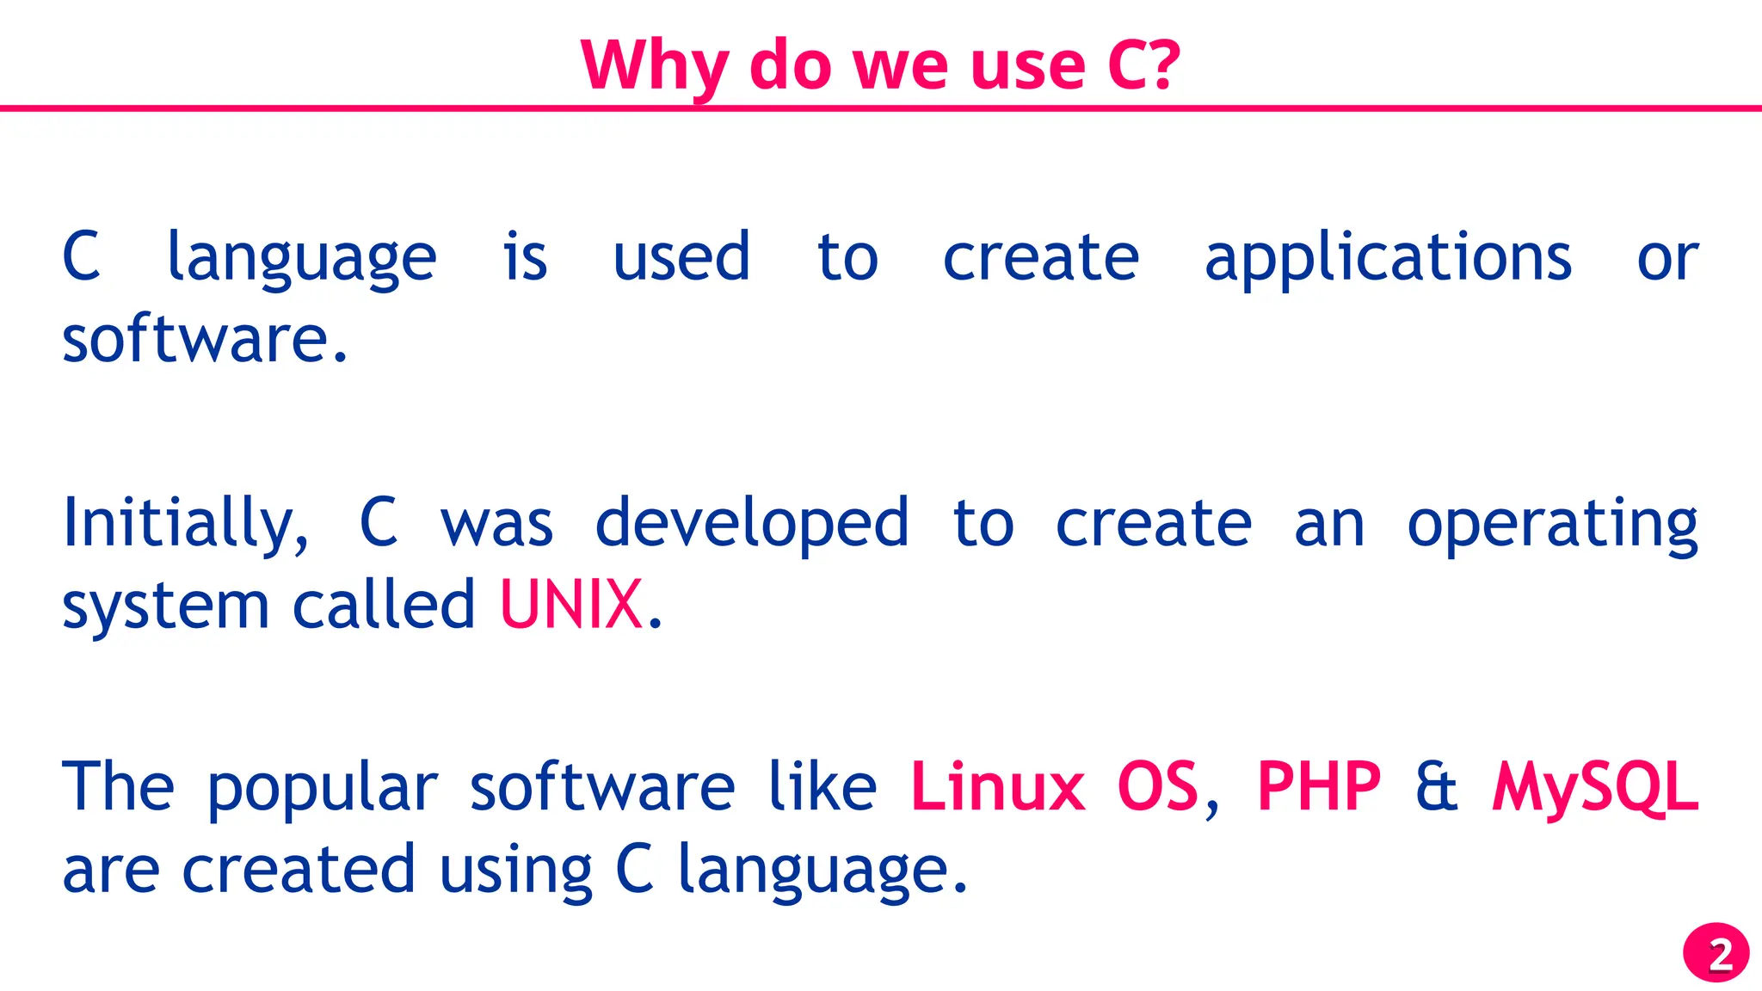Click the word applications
point(1388,258)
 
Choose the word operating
point(1552,525)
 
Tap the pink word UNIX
point(571,604)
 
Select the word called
point(384,604)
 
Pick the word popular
point(323,788)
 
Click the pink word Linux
point(997,786)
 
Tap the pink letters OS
point(1157,786)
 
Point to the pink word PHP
point(1319,786)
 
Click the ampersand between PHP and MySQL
point(1437,786)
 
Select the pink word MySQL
point(1595,788)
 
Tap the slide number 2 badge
point(1716,953)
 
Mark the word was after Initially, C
point(496,525)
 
